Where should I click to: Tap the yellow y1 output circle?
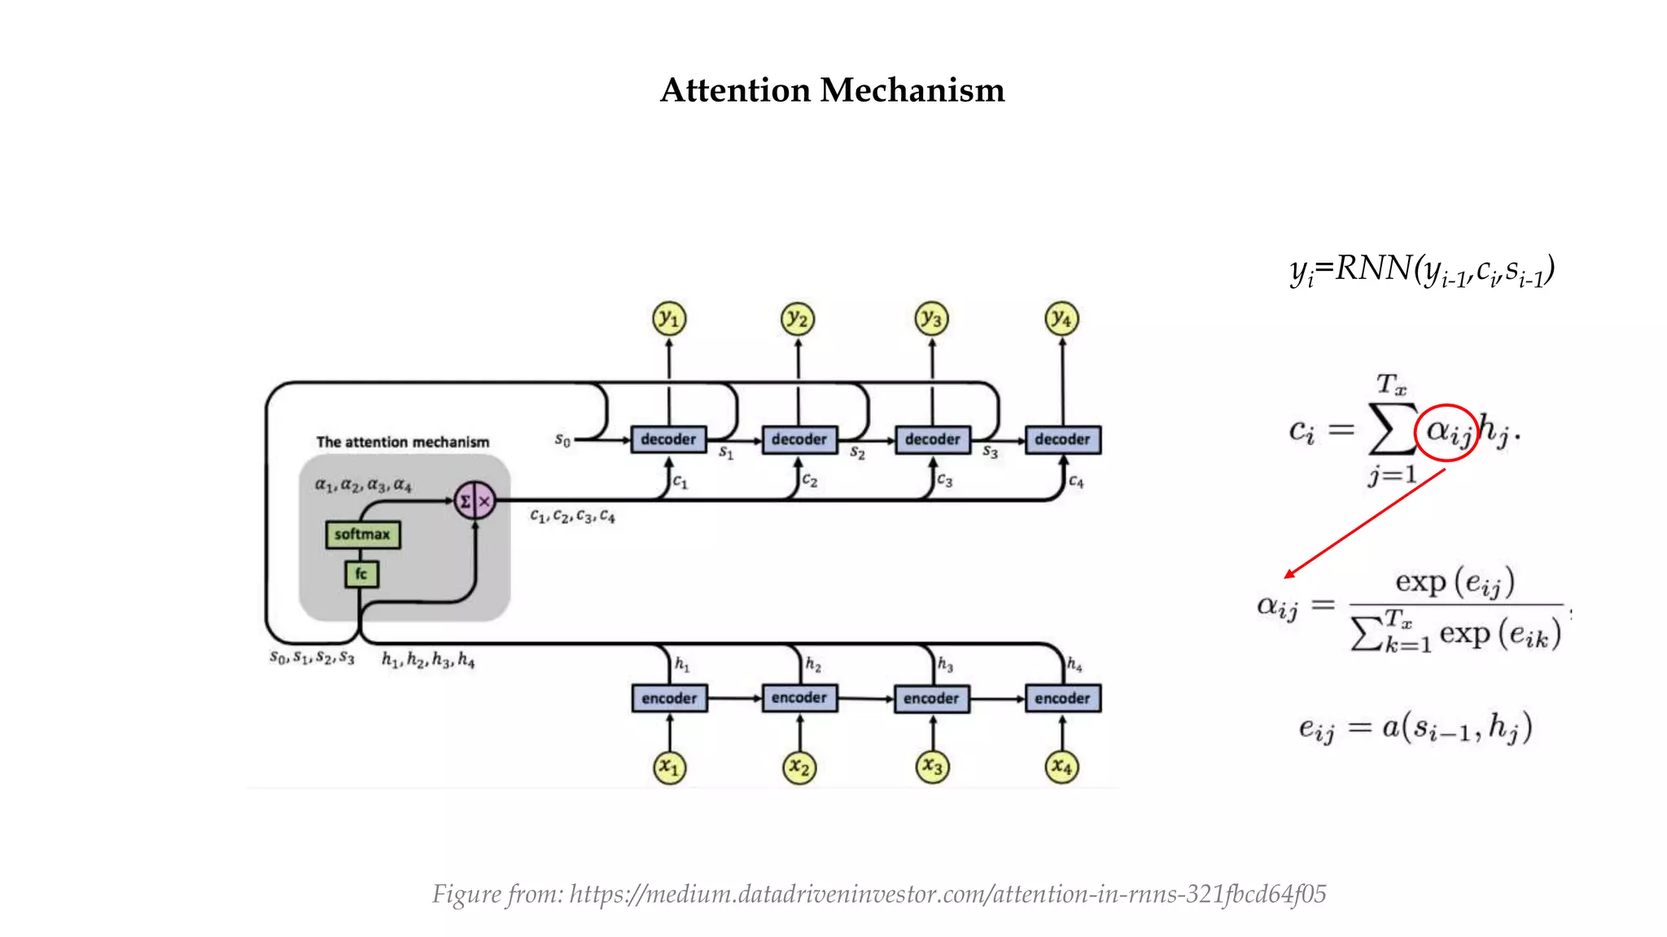pos(669,319)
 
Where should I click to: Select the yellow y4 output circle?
pos(1061,319)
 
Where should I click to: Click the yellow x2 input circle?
pos(799,767)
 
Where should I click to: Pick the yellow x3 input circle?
pos(932,767)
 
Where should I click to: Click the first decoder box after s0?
pos(668,439)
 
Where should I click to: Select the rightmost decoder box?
pos(1062,439)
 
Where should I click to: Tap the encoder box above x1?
pos(669,698)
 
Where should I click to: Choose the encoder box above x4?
pos(1062,698)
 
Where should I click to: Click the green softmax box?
pos(362,534)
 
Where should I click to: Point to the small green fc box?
pos(361,573)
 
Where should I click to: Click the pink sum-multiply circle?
pos(475,501)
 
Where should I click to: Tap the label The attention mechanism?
pos(403,442)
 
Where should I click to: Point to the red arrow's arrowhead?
pos(1289,575)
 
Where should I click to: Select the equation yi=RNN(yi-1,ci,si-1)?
pos(1422,270)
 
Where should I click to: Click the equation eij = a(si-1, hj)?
pos(1415,727)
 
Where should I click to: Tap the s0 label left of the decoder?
pos(562,440)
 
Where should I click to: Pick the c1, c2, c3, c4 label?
pos(572,516)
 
